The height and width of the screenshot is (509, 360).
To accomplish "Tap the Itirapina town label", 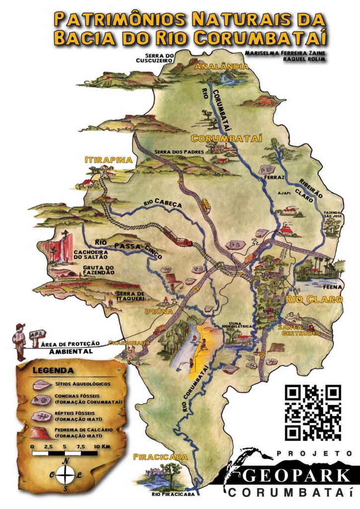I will (x=108, y=160).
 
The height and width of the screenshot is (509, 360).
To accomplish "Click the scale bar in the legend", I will (x=65, y=453).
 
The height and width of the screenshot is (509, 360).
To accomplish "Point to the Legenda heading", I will (x=53, y=370).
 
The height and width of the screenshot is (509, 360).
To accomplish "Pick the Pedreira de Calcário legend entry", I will (x=83, y=432).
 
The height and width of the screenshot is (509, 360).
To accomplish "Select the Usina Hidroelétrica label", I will (x=238, y=324).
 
